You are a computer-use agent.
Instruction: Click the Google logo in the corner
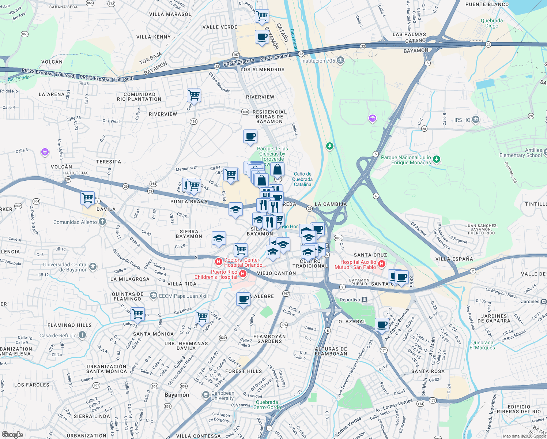[x=12, y=434]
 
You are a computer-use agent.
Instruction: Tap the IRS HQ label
[x=462, y=120]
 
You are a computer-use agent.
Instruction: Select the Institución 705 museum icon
[x=340, y=60]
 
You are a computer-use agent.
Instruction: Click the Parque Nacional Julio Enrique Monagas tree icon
[x=436, y=160]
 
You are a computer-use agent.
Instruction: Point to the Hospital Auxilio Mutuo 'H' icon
[x=381, y=264]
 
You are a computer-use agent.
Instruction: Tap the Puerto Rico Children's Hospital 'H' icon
[x=242, y=274]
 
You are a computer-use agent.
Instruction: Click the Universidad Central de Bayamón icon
[x=93, y=267]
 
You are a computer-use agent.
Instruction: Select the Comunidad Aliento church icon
[x=102, y=222]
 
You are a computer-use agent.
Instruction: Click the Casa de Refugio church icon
[x=82, y=335]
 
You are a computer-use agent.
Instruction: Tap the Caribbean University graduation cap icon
[x=206, y=395]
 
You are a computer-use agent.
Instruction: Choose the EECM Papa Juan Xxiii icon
[x=154, y=296]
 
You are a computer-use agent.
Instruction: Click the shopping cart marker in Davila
[x=88, y=198]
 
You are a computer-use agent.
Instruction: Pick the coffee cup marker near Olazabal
[x=382, y=324]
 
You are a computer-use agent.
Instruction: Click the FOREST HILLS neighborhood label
[x=244, y=371]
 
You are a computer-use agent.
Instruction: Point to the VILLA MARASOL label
[x=170, y=14]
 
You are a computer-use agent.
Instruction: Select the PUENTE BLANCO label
[x=487, y=4]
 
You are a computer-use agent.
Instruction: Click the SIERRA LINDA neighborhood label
[x=92, y=416]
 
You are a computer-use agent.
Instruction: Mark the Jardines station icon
[x=544, y=301]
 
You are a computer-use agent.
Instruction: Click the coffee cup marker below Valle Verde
[x=262, y=37]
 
